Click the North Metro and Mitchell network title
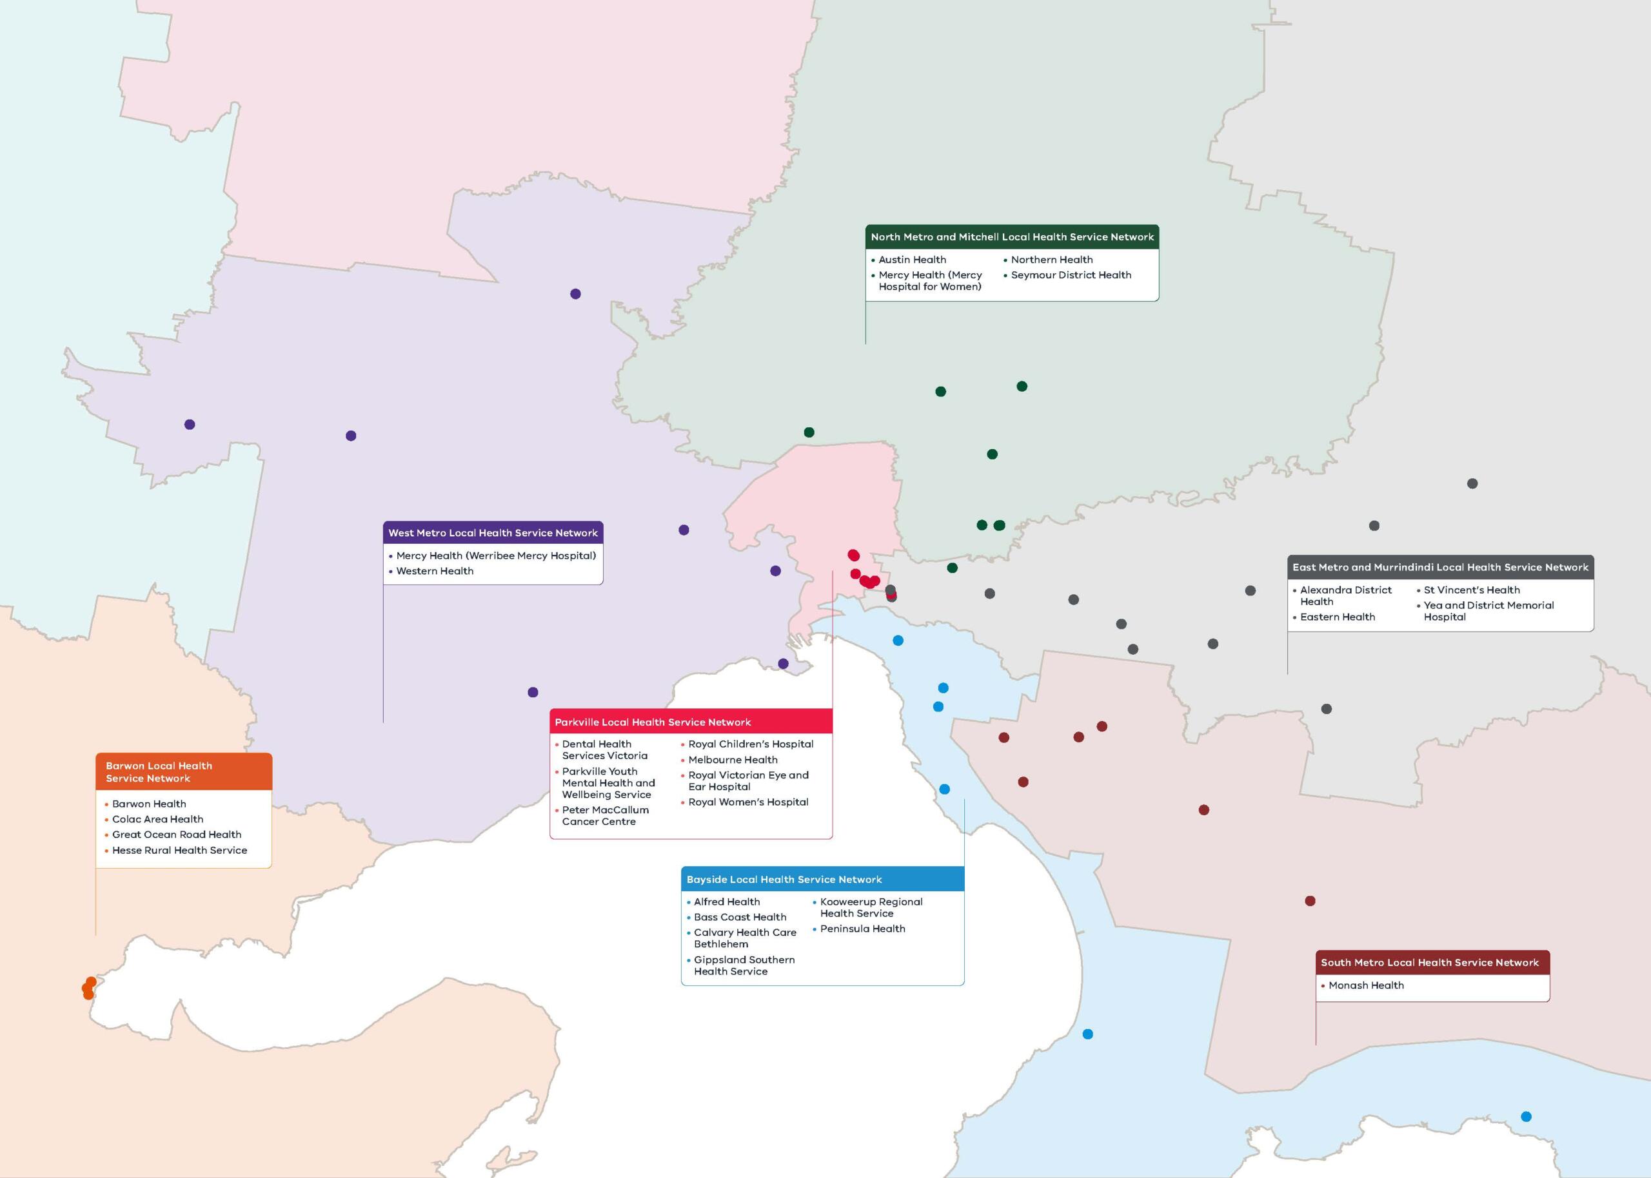pos(1012,237)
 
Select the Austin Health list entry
pos(912,260)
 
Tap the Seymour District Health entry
pos(1071,275)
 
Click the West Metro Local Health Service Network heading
pos(493,532)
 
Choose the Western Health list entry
pos(435,571)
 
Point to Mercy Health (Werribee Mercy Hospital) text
pos(496,555)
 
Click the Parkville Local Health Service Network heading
pos(653,722)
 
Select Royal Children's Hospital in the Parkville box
pos(751,744)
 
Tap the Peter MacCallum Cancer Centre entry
pos(604,815)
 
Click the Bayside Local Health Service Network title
pos(784,879)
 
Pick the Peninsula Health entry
pos(862,929)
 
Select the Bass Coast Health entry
pos(740,917)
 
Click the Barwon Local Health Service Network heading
pos(159,772)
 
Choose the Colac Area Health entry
pos(157,819)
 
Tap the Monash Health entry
pos(1366,985)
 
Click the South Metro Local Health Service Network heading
pos(1429,963)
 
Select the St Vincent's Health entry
pos(1471,590)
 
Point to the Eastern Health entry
pos(1337,617)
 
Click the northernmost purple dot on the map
pos(575,294)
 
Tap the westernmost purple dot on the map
pos(190,424)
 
